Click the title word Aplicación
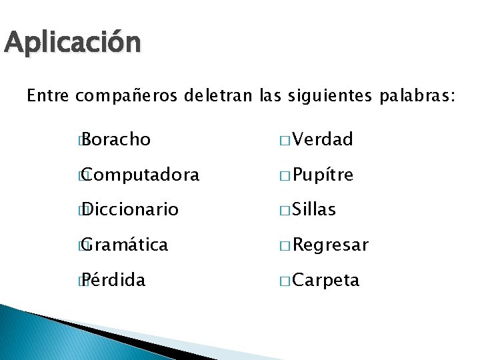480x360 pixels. (72, 43)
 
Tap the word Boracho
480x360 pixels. (117, 139)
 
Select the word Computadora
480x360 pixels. (141, 175)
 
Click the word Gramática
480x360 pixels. (126, 245)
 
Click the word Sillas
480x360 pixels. (314, 210)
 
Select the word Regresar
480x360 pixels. (330, 245)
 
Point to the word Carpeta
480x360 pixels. (326, 281)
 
